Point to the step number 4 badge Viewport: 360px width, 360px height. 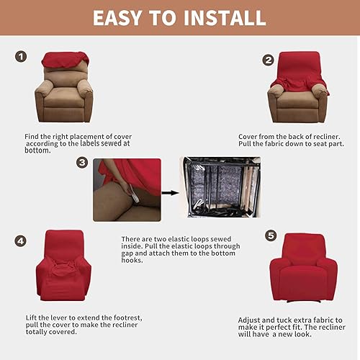[x=21, y=240]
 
